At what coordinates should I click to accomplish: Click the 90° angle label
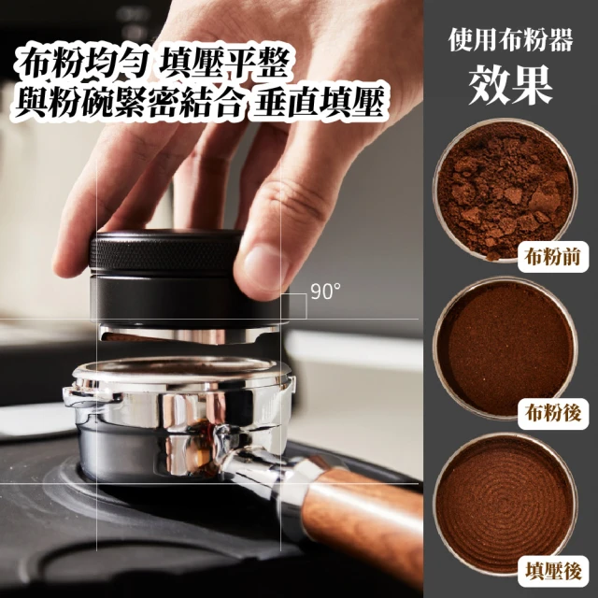(325, 292)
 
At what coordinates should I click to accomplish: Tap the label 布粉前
(552, 257)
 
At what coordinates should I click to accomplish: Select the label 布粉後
(552, 413)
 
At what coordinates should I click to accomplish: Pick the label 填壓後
(553, 571)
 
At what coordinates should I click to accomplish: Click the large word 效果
(511, 86)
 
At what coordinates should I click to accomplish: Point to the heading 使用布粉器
(511, 40)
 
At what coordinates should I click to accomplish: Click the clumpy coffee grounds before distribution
(505, 190)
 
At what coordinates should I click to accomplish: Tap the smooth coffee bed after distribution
(505, 349)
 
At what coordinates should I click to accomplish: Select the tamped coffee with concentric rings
(505, 505)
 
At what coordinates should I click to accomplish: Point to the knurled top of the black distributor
(166, 252)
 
